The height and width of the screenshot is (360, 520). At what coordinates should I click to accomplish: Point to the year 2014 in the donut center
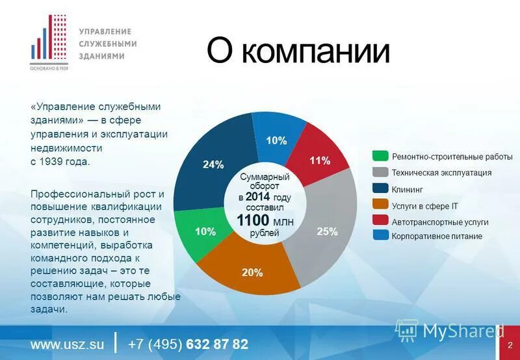(x=259, y=197)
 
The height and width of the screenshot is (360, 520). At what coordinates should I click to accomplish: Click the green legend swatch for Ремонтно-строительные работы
(x=380, y=156)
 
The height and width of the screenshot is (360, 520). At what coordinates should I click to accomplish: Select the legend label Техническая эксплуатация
(x=441, y=173)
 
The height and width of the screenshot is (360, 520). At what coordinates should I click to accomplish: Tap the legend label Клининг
(x=407, y=189)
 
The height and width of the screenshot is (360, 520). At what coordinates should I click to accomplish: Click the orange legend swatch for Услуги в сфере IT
(x=380, y=205)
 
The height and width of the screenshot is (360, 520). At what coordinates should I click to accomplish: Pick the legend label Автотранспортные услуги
(x=440, y=222)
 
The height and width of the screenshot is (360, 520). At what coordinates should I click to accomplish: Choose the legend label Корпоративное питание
(x=437, y=237)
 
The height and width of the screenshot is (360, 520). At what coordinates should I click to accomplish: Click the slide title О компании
(x=298, y=51)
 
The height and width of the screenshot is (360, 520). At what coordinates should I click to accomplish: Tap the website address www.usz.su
(x=68, y=344)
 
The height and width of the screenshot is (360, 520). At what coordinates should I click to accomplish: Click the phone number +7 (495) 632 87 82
(x=188, y=344)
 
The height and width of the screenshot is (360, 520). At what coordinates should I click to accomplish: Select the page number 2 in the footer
(x=510, y=344)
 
